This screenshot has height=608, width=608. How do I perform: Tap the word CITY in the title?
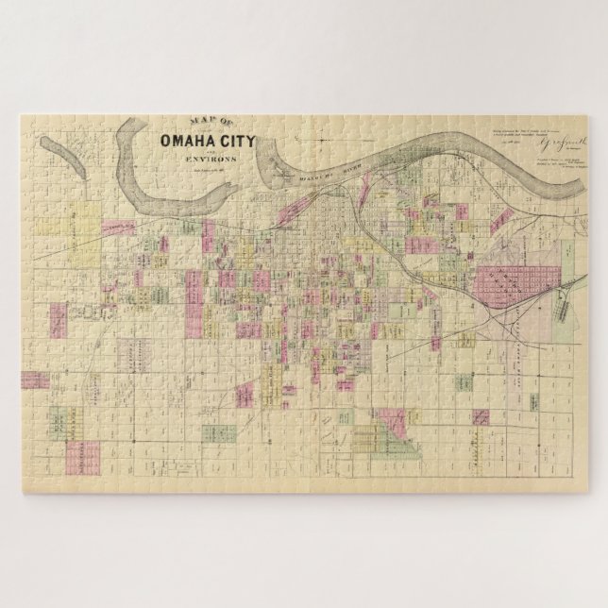(249, 144)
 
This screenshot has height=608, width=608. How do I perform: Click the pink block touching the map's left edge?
(34, 380)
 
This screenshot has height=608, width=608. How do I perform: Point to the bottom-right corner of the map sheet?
(586, 491)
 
